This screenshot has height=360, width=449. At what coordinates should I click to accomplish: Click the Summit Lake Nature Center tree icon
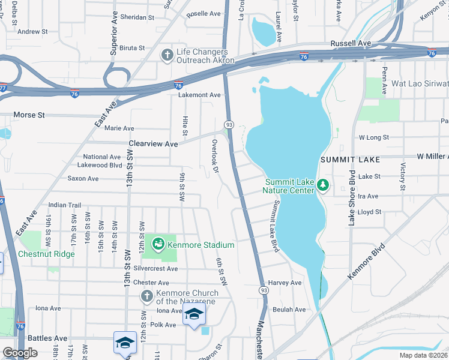[323, 184]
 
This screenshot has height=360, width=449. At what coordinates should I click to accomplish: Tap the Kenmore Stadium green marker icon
[158, 244]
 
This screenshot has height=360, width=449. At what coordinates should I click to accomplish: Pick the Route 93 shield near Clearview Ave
[228, 124]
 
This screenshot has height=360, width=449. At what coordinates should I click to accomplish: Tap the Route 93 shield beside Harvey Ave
[263, 290]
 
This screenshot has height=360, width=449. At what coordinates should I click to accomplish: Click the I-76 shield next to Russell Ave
[304, 56]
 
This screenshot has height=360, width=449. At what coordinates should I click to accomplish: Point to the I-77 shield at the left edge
[2, 87]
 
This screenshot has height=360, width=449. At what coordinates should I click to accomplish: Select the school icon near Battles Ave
[124, 343]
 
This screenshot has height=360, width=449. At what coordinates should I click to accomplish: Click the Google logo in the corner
[20, 353]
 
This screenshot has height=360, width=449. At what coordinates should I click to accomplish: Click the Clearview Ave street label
[154, 144]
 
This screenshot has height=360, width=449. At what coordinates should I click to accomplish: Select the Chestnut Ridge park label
[46, 254]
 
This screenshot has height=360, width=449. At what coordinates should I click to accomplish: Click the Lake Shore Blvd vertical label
[352, 198]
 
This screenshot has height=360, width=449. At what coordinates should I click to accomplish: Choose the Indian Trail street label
[64, 205]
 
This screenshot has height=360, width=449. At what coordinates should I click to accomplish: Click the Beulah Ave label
[289, 310]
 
